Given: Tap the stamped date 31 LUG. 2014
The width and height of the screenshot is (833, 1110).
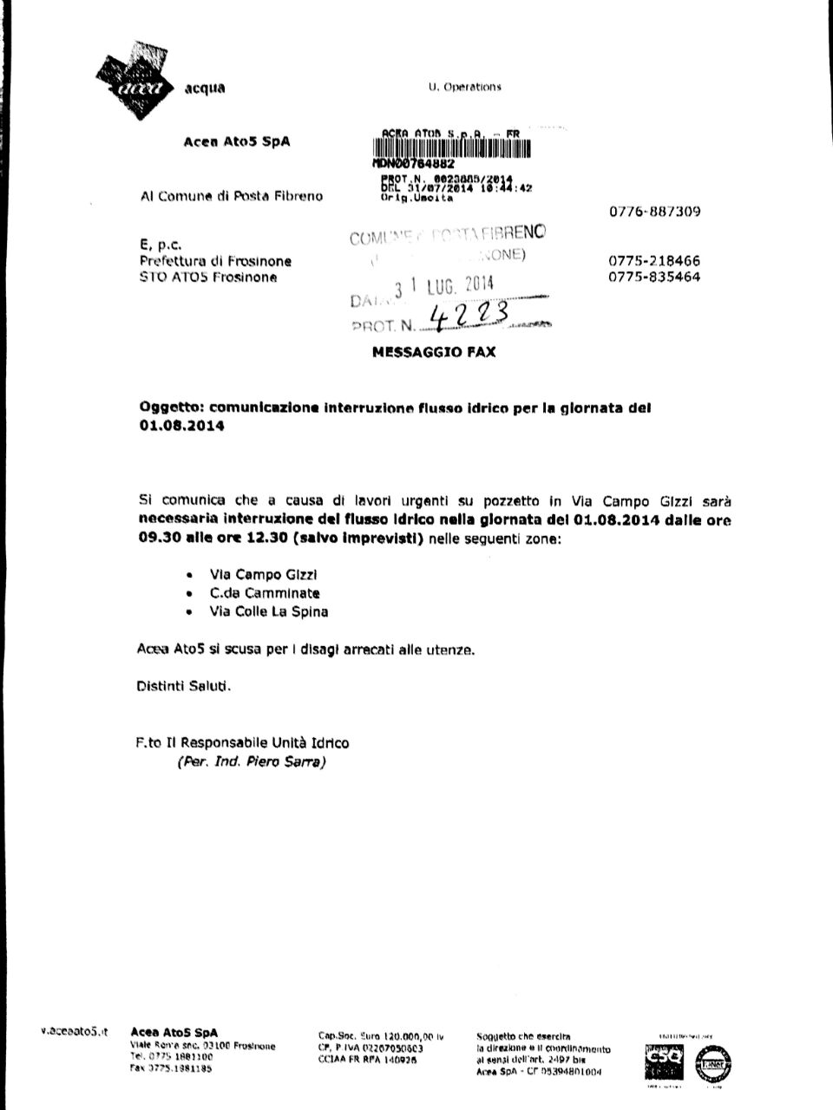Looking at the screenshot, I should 443,287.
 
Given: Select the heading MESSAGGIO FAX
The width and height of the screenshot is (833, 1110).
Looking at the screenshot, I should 434,352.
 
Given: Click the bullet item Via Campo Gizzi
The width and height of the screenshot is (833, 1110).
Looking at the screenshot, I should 258,574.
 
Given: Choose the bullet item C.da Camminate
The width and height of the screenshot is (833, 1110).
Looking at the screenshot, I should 265,593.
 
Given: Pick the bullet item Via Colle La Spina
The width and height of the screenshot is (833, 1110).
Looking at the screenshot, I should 269,611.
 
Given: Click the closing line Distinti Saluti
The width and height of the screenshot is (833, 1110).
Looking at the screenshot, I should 185,686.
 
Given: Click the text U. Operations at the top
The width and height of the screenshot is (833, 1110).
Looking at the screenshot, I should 465,87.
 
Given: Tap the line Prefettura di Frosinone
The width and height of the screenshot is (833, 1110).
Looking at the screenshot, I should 215,261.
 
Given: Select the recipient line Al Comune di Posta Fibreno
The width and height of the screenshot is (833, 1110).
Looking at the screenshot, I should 231,196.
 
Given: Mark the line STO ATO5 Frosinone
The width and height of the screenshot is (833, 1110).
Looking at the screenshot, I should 208,277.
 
